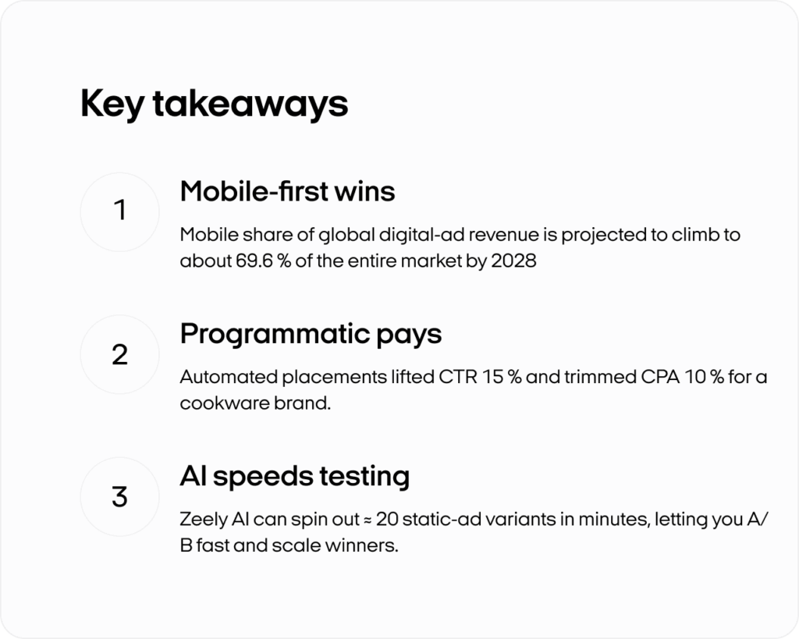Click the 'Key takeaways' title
[214, 104]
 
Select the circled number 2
[119, 354]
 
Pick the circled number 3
[119, 496]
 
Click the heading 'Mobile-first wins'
[287, 192]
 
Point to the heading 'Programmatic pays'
[311, 335]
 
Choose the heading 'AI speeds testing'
[294, 477]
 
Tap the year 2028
[513, 261]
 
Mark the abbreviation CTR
[458, 377]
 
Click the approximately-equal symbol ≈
[368, 520]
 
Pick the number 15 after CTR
[492, 377]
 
